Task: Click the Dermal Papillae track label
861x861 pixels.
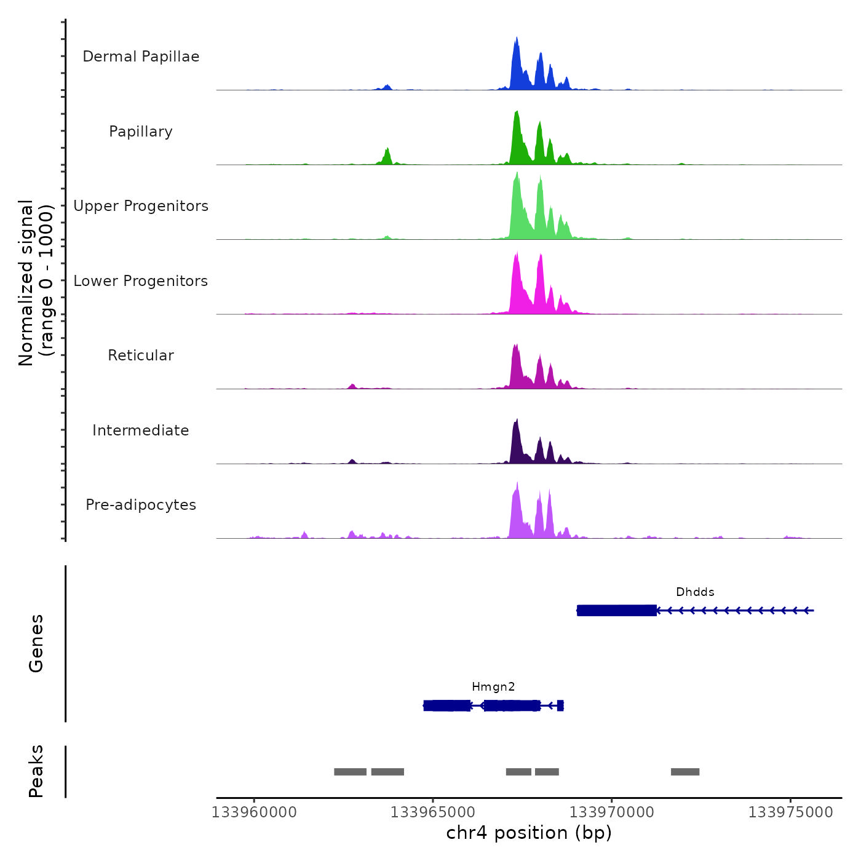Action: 141,57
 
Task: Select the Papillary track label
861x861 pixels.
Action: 141,132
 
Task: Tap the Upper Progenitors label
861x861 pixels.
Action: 141,206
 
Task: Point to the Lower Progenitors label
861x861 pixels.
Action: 141,281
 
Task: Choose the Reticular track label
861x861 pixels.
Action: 141,355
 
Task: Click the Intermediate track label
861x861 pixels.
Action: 141,430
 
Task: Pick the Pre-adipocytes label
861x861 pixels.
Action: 141,505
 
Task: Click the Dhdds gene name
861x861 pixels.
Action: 695,592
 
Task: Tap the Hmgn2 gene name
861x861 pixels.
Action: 493,687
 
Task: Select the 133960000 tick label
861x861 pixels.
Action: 254,812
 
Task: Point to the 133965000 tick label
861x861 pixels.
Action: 433,812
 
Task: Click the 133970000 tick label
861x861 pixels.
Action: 612,812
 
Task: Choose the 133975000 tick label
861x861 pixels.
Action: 791,812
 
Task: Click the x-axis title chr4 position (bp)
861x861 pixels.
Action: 529,833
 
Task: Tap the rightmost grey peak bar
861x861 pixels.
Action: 685,772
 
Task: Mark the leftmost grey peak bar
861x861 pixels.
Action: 350,772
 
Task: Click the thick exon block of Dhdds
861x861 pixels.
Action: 617,611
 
